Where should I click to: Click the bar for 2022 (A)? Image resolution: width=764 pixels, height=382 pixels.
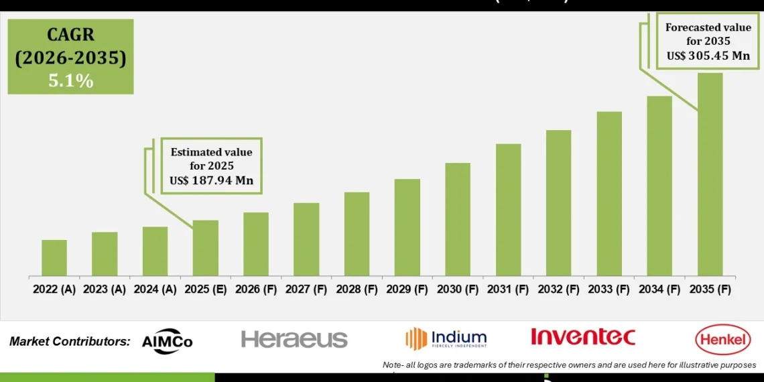tap(54, 258)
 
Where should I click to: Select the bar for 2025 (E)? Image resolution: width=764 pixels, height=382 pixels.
tap(206, 248)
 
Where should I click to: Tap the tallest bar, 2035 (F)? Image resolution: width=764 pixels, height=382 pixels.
tap(710, 174)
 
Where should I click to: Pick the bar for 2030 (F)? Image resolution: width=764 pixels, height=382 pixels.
tap(458, 219)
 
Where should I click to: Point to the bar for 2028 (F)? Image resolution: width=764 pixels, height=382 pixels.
tap(357, 234)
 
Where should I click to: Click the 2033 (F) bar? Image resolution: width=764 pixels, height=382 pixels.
tap(609, 194)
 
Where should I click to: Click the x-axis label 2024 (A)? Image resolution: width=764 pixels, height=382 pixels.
tap(155, 290)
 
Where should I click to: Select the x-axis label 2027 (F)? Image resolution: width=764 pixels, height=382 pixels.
tap(306, 290)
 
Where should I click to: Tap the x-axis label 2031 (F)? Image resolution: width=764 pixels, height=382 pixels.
tap(508, 290)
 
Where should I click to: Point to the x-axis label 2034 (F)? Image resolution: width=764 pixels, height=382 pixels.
tap(659, 290)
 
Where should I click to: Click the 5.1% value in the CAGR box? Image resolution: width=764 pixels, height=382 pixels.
tap(70, 81)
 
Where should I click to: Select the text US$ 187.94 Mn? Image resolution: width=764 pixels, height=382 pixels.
tap(211, 180)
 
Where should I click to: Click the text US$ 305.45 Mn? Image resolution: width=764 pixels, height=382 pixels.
tap(708, 56)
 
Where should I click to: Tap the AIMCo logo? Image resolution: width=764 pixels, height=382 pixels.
tap(167, 340)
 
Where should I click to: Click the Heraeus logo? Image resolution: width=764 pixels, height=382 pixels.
tap(294, 339)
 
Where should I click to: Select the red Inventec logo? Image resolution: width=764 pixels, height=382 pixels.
tap(582, 336)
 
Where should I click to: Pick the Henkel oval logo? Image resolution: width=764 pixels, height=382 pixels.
tap(723, 340)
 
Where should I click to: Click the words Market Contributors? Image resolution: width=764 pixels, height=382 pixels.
tap(70, 341)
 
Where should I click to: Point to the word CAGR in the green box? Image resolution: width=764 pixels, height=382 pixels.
tap(70, 35)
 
